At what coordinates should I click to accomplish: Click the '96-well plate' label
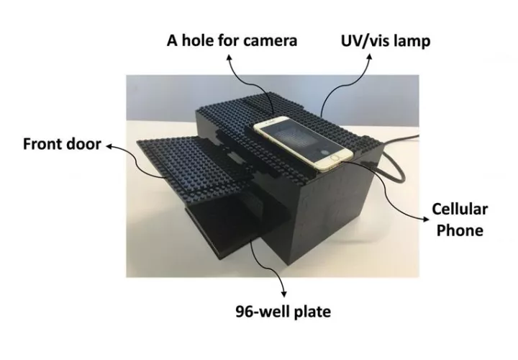283,312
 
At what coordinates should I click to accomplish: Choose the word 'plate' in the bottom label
312,312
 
